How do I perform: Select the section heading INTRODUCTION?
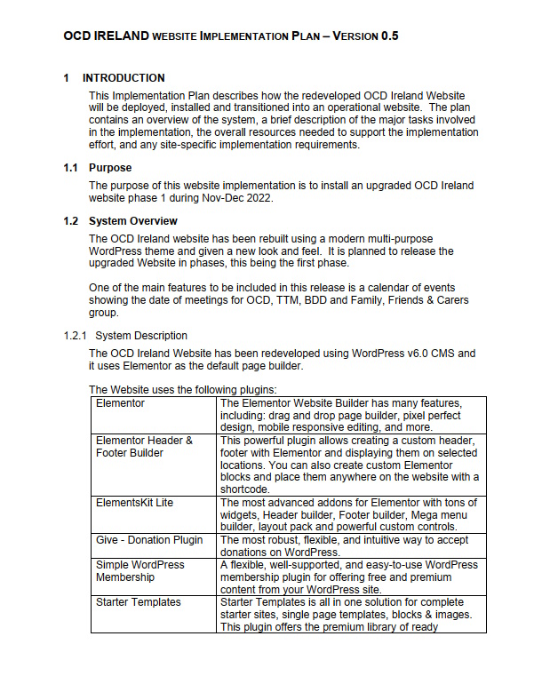click(x=124, y=78)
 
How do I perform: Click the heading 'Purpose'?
click(x=110, y=167)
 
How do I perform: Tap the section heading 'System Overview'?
click(x=132, y=221)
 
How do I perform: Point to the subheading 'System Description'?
click(x=141, y=335)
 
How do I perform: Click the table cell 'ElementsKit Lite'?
click(x=134, y=503)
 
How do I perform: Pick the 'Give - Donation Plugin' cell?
click(x=149, y=540)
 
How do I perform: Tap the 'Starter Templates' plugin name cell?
click(x=138, y=602)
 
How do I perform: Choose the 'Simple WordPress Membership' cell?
click(x=139, y=571)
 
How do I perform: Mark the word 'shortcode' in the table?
click(x=248, y=489)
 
